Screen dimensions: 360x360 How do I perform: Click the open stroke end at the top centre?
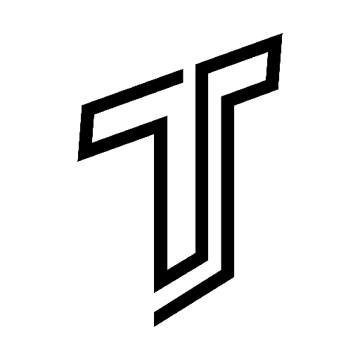click(183, 76)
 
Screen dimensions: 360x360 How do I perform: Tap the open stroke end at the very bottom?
click(154, 319)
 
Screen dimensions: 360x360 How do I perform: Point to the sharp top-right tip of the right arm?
click(282, 34)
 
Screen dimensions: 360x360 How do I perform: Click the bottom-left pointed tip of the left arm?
click(78, 161)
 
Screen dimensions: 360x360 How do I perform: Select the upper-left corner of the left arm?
click(82, 105)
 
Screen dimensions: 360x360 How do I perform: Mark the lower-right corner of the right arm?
click(278, 89)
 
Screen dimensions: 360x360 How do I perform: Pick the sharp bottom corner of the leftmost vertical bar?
click(154, 292)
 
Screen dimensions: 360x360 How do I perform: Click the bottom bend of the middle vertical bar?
click(207, 260)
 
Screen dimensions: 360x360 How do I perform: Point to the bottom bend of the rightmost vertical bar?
click(234, 277)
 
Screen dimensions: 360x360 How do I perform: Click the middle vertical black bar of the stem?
click(202, 162)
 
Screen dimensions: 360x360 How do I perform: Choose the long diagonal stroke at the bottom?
click(194, 295)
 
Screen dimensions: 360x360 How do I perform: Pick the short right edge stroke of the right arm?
click(274, 61)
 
